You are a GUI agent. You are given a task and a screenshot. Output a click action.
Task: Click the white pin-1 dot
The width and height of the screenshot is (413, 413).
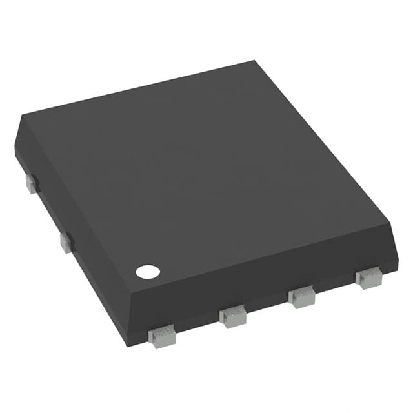[x=147, y=272]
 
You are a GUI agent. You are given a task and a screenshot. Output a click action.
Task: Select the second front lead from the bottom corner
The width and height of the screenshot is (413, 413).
[x=233, y=316]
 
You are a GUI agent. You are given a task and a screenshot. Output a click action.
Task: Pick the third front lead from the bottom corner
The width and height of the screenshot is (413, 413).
[x=301, y=297]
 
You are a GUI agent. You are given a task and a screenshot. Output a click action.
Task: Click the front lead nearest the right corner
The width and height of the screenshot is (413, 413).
[x=368, y=278]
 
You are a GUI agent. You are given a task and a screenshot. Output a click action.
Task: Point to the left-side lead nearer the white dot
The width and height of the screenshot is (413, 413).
[x=66, y=243]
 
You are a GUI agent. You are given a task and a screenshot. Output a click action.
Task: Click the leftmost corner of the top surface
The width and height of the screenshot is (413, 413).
[x=23, y=117]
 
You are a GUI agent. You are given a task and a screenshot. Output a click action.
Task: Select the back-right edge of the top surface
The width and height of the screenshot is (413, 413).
[x=323, y=142]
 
